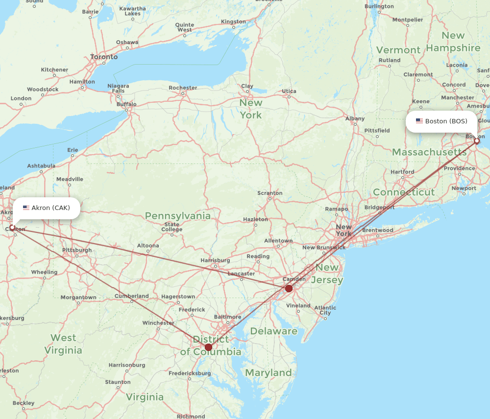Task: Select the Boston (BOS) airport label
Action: click(441, 121)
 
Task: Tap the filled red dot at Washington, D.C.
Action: click(208, 347)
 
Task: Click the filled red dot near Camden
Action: click(289, 288)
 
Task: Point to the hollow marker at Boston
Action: click(477, 141)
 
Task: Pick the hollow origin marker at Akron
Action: click(12, 228)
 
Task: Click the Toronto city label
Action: click(104, 57)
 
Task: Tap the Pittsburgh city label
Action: click(77, 250)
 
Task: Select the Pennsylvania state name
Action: click(178, 216)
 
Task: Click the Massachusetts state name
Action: click(429, 152)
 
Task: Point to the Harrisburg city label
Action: click(215, 260)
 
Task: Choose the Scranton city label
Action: click(269, 193)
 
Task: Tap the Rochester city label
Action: click(183, 88)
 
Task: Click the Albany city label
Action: click(355, 118)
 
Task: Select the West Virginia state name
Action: click(63, 344)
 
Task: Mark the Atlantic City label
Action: click(325, 310)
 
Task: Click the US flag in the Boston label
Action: click(419, 121)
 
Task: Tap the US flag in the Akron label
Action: click(26, 208)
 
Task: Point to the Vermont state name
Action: click(398, 50)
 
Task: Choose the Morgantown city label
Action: click(78, 297)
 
